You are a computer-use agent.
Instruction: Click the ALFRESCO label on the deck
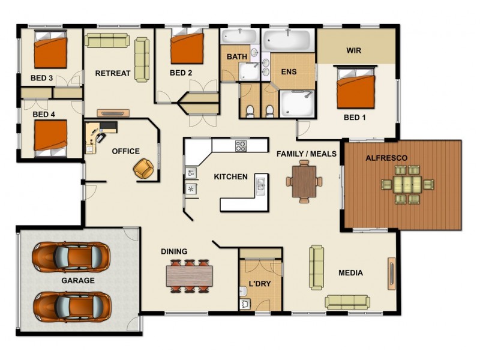click(387, 158)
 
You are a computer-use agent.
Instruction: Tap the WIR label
click(353, 51)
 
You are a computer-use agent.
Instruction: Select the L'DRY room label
click(260, 283)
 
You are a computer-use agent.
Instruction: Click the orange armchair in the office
click(144, 168)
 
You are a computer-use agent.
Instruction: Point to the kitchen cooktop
click(241, 145)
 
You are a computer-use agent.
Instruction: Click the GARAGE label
click(78, 280)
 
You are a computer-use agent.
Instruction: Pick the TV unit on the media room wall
click(391, 273)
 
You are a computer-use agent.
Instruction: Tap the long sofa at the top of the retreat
click(107, 40)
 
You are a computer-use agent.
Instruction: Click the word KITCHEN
click(230, 176)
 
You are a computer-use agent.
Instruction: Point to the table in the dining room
click(189, 275)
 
